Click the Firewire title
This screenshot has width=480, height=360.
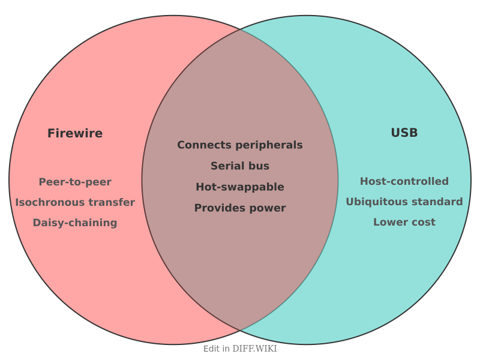[75, 133]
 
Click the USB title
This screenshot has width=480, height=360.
[404, 133]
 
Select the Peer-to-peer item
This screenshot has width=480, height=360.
[75, 182]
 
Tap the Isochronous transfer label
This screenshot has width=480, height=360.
[75, 202]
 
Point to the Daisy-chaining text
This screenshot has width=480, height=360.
[75, 223]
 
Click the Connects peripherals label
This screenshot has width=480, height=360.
[240, 145]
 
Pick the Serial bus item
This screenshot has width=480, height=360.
[240, 166]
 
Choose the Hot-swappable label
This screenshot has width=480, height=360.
[240, 187]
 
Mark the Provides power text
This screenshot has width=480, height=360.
[240, 208]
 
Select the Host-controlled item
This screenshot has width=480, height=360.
[404, 181]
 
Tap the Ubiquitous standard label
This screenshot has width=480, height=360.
[404, 202]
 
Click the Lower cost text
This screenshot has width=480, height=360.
[404, 222]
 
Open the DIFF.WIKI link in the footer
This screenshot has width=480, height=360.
[254, 349]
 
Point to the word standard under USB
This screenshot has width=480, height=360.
[440, 202]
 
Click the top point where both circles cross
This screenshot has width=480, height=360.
[240, 29]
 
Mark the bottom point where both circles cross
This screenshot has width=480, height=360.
[240, 331]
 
